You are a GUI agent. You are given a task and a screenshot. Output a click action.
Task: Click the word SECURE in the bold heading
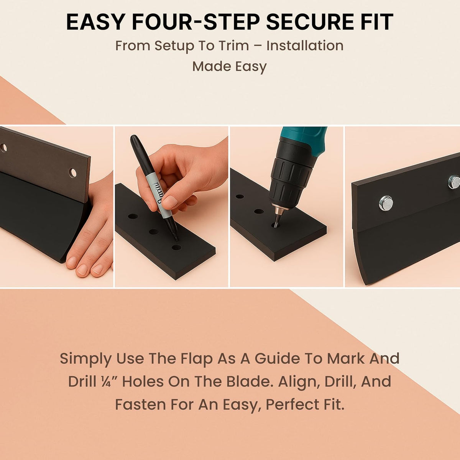pyautogui.click(x=309, y=22)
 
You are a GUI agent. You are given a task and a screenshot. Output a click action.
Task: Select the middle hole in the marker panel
pyautogui.click(x=154, y=231)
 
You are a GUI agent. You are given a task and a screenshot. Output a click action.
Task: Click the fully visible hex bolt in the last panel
pyautogui.click(x=386, y=203)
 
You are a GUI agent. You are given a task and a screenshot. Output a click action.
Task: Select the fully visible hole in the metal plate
pyautogui.click(x=73, y=172)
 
